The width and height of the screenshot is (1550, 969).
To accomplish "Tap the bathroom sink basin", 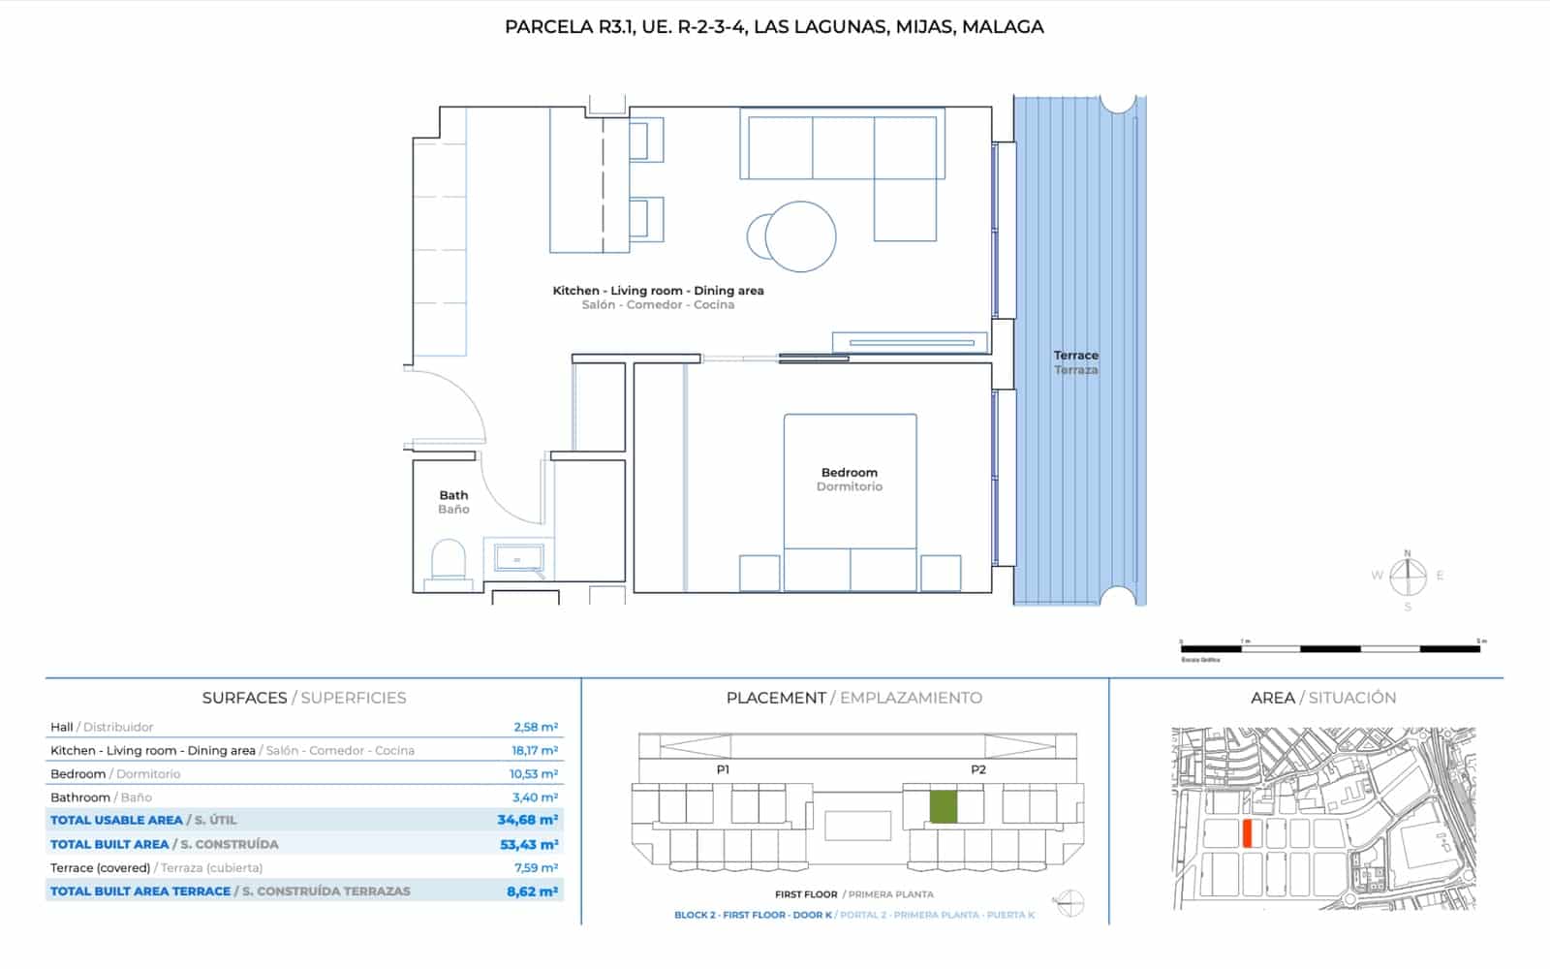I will (x=519, y=559).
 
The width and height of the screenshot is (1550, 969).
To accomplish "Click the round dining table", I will (x=799, y=235).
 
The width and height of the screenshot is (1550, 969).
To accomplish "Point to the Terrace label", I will (x=1075, y=356).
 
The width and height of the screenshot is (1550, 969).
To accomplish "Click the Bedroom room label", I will (x=849, y=473).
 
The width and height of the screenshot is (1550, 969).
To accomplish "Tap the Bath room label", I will (x=453, y=495).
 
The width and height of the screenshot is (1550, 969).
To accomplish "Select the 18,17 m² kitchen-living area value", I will (x=535, y=751).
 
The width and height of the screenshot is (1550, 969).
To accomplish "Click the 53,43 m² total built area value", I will (x=529, y=845).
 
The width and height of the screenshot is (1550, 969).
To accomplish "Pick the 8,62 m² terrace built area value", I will (x=532, y=891).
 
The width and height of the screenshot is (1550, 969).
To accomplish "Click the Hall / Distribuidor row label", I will (x=102, y=727).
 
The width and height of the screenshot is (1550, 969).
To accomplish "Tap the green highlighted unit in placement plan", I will (x=943, y=807).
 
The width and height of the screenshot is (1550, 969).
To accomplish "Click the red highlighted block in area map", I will (x=1248, y=833).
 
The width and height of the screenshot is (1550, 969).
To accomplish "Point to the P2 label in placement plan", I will (x=977, y=769).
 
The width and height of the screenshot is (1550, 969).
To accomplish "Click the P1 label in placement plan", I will (x=723, y=769).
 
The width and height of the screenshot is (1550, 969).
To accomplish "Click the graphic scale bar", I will (x=1330, y=648).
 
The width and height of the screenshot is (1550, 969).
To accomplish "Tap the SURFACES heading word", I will (x=244, y=698).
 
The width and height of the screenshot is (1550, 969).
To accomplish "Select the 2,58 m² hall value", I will (x=535, y=727).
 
